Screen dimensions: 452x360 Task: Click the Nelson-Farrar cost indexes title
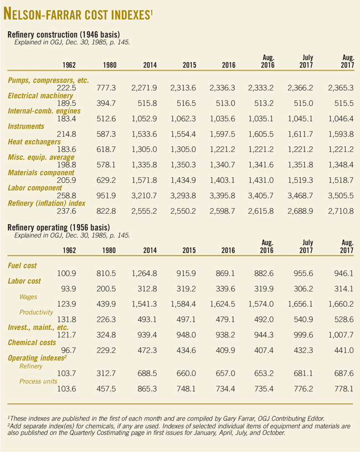click(78, 13)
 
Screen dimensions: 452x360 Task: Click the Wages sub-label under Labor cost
click(28, 297)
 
